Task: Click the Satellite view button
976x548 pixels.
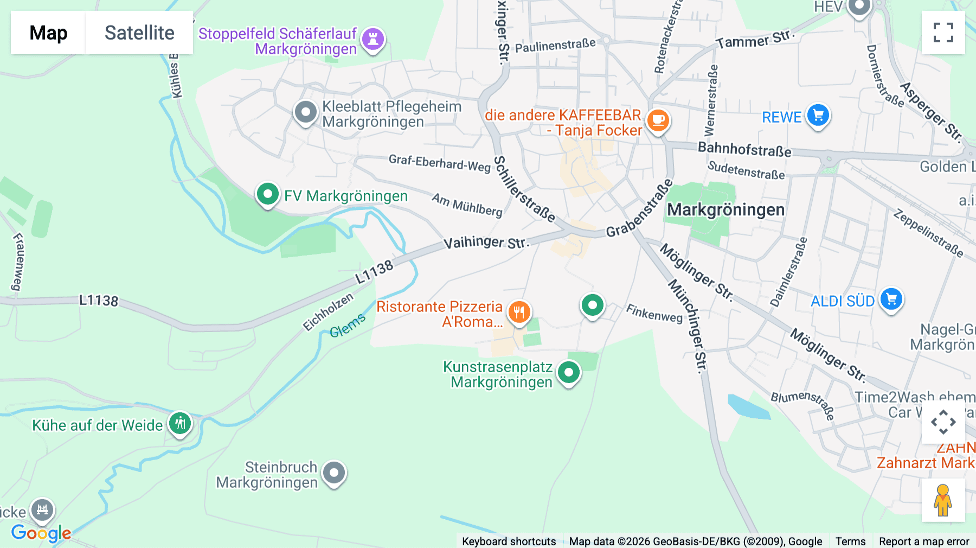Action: [x=139, y=33]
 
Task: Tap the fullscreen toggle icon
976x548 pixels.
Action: [x=943, y=33]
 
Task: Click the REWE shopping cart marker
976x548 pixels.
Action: [x=818, y=115]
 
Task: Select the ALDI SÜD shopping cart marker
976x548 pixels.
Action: [x=891, y=299]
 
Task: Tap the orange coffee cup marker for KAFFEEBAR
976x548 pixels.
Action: [x=658, y=120]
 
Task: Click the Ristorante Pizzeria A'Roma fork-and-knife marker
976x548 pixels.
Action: [x=519, y=312]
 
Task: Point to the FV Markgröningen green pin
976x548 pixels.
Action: [x=267, y=194]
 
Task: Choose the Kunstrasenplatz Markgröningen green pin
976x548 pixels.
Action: [x=569, y=373]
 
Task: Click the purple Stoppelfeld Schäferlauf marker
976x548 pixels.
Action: [x=373, y=39]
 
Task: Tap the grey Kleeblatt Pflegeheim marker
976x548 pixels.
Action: [x=306, y=112]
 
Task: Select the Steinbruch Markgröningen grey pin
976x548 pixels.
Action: [x=334, y=473]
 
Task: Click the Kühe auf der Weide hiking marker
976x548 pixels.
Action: [x=180, y=423]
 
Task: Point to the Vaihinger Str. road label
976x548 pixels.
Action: [x=486, y=241]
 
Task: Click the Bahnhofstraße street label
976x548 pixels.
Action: [x=744, y=149]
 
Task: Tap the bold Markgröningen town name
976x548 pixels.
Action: [x=725, y=209]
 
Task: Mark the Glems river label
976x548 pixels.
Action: [x=348, y=326]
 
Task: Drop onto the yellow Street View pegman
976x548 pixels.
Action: [x=943, y=500]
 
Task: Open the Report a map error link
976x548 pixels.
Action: [x=923, y=541]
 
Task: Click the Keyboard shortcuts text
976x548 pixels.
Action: [x=509, y=541]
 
